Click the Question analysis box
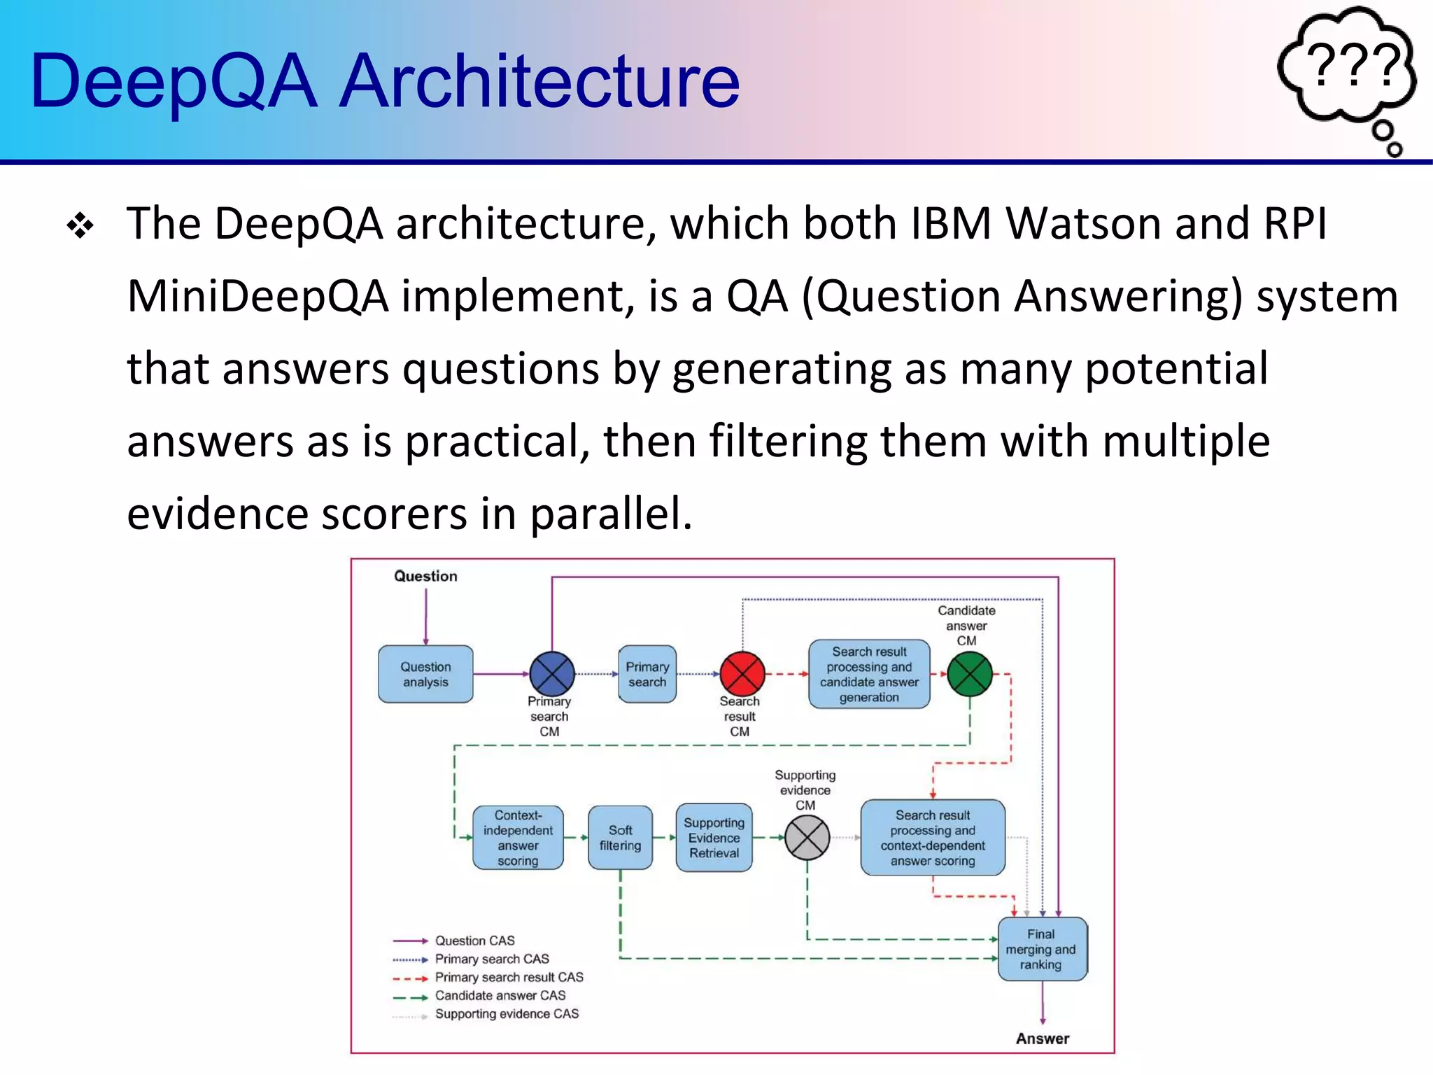[425, 674]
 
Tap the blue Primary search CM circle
[552, 674]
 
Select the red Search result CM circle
[742, 674]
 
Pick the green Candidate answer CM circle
[970, 674]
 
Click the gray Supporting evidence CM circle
[807, 838]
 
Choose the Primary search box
[647, 674]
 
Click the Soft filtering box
[620, 838]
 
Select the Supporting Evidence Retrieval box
[714, 838]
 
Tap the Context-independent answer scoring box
[518, 838]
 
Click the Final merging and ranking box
[1041, 949]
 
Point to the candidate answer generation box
[869, 674]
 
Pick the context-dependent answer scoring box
[933, 838]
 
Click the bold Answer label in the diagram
[1042, 1039]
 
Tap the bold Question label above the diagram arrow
[425, 576]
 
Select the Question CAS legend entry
[474, 941]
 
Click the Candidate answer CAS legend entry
[500, 995]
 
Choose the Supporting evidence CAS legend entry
[507, 1013]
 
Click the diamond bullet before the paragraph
[80, 226]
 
